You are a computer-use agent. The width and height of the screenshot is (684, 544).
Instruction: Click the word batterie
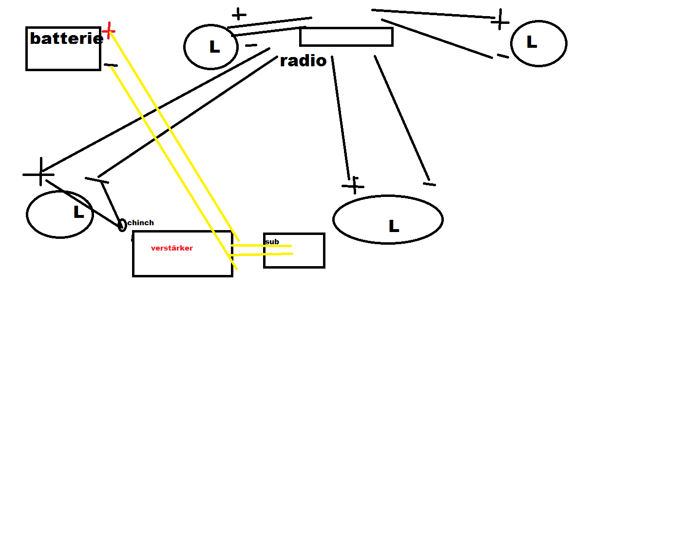66,39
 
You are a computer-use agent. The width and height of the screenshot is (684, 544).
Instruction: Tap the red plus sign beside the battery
108,31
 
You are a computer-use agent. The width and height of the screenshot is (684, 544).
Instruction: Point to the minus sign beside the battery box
111,65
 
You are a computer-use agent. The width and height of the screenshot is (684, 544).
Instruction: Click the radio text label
303,61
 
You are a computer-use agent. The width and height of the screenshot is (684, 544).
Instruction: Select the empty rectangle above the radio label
346,37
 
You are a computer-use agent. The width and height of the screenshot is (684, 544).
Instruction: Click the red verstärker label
171,248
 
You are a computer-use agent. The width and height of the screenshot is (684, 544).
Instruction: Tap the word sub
272,242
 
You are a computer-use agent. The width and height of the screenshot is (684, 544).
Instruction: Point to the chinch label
140,223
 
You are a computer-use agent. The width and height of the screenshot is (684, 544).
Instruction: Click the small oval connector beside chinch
122,225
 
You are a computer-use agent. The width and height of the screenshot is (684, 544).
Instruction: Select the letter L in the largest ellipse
394,226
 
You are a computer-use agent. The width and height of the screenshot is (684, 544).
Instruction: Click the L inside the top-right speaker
532,42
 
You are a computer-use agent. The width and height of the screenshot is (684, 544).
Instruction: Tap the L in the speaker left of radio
214,47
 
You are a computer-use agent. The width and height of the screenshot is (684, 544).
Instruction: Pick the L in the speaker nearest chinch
78,212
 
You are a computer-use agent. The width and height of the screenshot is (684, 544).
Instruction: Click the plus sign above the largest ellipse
353,185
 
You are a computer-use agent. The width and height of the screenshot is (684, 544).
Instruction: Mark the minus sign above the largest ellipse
429,184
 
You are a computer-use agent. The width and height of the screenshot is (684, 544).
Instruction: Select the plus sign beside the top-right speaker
500,20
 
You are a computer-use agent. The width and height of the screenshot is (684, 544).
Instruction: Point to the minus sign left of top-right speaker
502,56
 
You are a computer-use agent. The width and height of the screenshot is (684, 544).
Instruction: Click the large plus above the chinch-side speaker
39,173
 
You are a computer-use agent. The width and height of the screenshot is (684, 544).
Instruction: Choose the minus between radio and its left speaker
251,45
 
